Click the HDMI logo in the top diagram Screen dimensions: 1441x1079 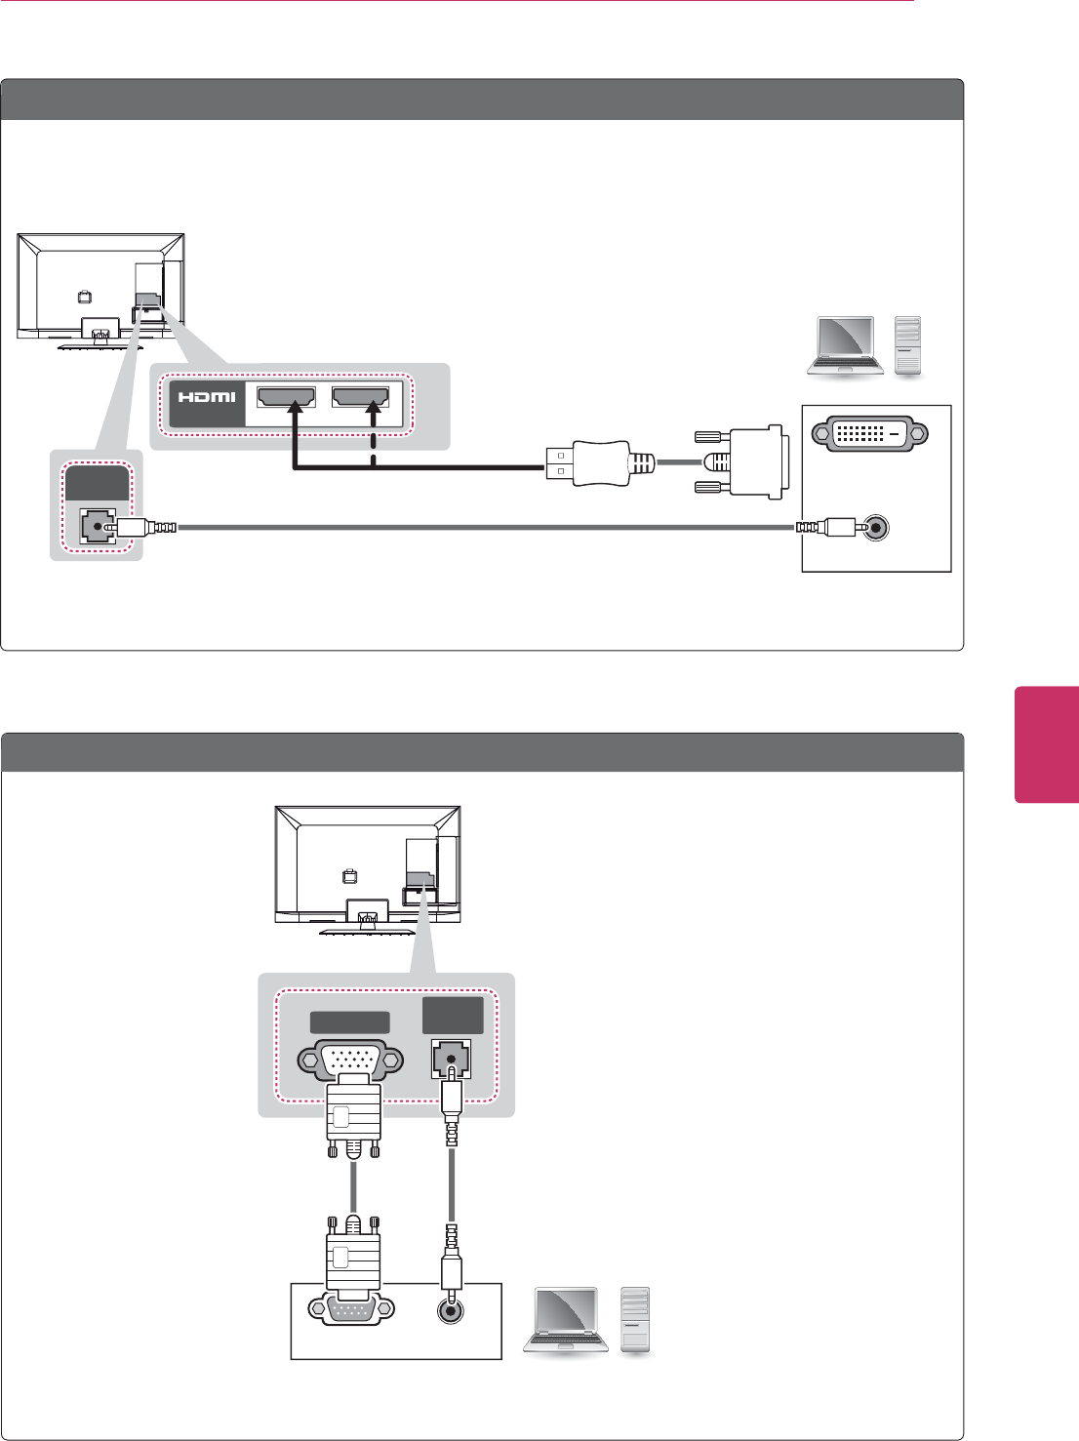[207, 397]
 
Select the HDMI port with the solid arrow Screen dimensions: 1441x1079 [286, 397]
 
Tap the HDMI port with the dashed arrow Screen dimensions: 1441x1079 [360, 397]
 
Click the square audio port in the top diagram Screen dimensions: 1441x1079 [97, 527]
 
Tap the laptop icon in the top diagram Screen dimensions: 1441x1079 [845, 346]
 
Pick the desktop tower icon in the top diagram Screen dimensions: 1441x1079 [908, 346]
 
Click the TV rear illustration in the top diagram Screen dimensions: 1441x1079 [100, 289]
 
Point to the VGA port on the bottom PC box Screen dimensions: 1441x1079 [351, 1309]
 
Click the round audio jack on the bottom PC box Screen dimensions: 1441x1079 [451, 1309]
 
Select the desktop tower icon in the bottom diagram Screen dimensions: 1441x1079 [635, 1319]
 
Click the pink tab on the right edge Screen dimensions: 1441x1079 [1046, 744]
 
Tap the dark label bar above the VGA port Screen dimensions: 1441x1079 [349, 1022]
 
